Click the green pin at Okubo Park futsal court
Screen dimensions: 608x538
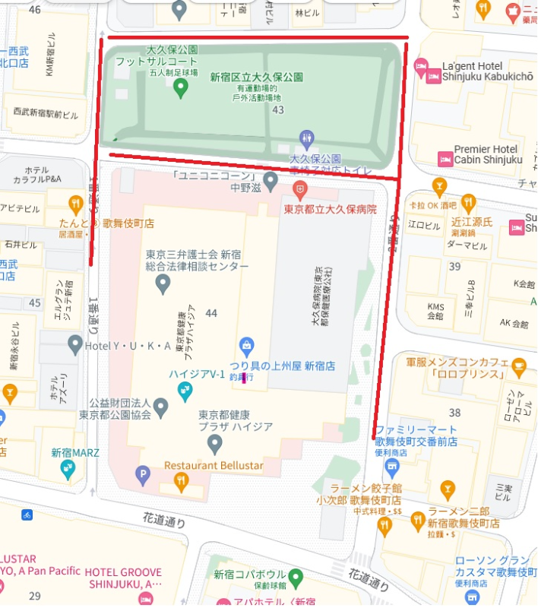pos(180,88)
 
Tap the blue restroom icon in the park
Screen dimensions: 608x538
pos(307,138)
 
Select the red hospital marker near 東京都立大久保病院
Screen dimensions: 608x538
pos(302,187)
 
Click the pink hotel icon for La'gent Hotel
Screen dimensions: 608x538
pos(434,74)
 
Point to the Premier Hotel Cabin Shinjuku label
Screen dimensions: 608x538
pos(488,154)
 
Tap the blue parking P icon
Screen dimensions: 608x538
pos(142,477)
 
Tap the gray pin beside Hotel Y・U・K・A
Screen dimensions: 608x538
pos(74,347)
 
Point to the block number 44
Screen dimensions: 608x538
pos(211,313)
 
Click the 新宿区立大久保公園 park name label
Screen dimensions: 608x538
pos(257,78)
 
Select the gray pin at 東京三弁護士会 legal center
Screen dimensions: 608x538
pos(162,285)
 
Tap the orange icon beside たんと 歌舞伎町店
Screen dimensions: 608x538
pos(74,204)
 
